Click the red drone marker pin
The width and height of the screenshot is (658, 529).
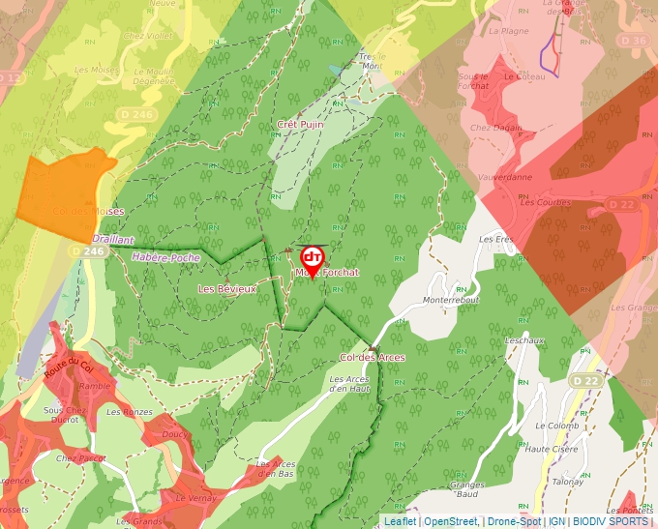coord(312,260)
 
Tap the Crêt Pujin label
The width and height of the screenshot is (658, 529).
coord(300,125)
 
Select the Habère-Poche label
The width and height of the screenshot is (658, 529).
coord(166,258)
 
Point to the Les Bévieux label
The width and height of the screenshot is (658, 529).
coord(228,289)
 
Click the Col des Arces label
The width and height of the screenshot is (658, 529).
coord(373,357)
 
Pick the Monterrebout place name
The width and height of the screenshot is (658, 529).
coord(451,300)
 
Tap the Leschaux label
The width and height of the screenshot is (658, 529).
coord(524,340)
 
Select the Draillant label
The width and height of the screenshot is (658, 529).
coord(113,239)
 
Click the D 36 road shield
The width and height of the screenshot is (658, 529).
coord(633,41)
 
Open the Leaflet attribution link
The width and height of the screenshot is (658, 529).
coord(400,522)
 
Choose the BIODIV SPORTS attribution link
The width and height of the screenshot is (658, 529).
coord(610,522)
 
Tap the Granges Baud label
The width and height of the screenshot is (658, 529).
coord(466,489)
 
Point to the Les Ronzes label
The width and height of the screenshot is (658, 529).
coord(130,412)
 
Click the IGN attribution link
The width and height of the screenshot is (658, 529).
coord(556,522)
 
